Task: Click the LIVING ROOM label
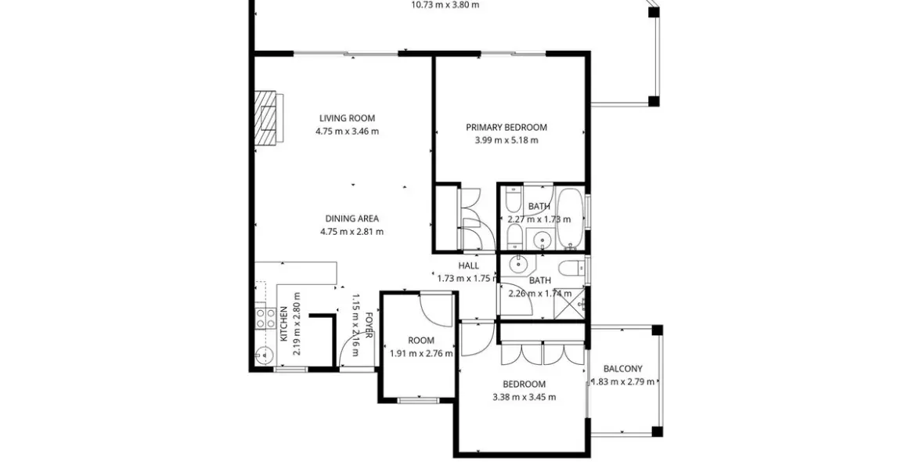coord(347,118)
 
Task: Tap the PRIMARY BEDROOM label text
coord(506,128)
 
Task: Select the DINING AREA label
coord(352,218)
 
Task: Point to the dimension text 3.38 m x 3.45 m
coord(524,398)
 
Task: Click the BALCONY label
coord(623,368)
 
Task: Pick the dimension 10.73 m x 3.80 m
coord(445,5)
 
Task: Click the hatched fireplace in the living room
coord(270,117)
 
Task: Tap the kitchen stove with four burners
coord(266,318)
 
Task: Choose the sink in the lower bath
coord(517,265)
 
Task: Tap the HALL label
coord(468,266)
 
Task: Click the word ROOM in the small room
coord(420,341)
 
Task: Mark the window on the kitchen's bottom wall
coord(290,370)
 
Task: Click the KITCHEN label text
coord(284,324)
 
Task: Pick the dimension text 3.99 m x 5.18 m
coord(506,140)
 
